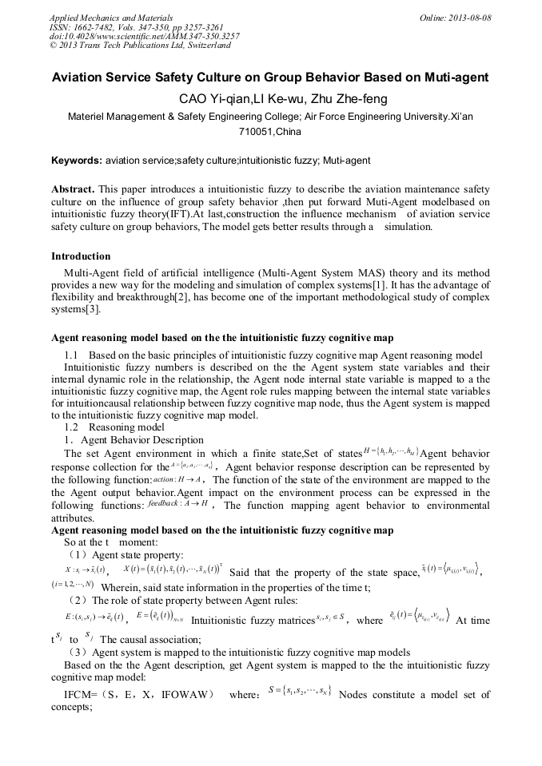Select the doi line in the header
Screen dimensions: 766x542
(x=144, y=37)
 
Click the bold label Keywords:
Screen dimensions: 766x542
(x=77, y=161)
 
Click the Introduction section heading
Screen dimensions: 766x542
(x=81, y=256)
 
